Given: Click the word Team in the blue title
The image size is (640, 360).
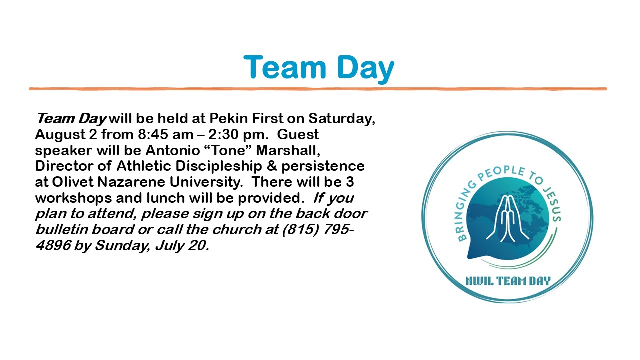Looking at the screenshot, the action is pos(285,67).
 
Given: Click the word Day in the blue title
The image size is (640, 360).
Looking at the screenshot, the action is pos(366,69).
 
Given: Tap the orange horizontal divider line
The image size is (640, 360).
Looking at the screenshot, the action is pos(318,89).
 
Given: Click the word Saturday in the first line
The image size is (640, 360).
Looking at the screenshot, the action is pos(342,119).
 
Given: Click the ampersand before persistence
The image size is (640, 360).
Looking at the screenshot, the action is pos(271,166).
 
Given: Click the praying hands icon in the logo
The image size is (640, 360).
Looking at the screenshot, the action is pos(507,218).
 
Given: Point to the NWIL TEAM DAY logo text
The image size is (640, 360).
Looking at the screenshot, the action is pos(508,281).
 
